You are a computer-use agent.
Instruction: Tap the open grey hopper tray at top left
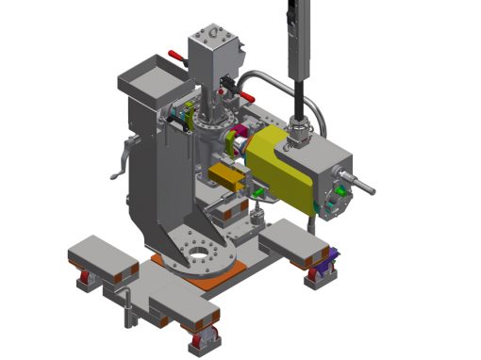[x=150, y=75]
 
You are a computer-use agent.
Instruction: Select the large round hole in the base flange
[x=198, y=254]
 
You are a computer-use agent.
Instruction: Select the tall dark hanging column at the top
[x=296, y=47]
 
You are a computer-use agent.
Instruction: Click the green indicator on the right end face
[x=337, y=193]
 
